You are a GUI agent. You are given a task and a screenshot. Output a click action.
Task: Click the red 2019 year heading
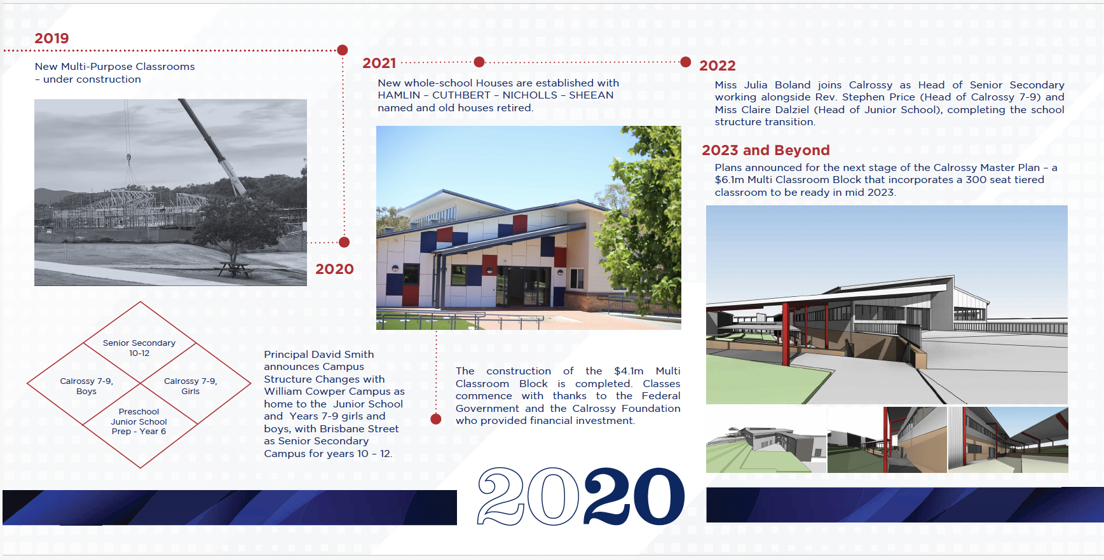point(51,38)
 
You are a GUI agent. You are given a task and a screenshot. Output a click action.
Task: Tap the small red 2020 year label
point(334,269)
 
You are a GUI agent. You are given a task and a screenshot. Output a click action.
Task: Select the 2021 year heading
point(379,63)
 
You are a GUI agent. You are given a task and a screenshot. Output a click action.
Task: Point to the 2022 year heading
point(718,65)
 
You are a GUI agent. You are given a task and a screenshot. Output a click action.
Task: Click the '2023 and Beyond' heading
point(766,150)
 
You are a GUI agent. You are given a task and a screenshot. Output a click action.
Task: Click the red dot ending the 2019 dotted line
point(343,50)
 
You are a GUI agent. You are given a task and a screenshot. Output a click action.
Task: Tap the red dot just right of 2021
point(479,62)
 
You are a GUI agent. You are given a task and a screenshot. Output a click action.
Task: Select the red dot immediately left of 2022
point(685,62)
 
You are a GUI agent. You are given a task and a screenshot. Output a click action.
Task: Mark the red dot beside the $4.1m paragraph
point(436,419)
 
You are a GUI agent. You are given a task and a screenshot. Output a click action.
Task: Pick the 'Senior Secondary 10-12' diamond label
point(139,348)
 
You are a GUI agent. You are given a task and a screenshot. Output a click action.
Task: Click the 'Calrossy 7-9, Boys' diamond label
point(86,386)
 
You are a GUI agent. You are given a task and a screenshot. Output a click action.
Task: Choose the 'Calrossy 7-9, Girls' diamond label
point(191,386)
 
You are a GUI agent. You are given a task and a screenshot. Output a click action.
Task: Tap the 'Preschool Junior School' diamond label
point(139,421)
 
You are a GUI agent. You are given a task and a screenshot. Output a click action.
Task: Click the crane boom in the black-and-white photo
point(212,147)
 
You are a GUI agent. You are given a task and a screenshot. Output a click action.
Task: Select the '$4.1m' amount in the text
point(629,371)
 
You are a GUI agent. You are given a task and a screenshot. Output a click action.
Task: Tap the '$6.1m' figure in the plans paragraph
point(730,180)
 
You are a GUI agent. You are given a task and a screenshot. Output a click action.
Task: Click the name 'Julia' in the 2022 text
point(756,85)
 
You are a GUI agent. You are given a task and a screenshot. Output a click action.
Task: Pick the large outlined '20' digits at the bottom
point(529,496)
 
